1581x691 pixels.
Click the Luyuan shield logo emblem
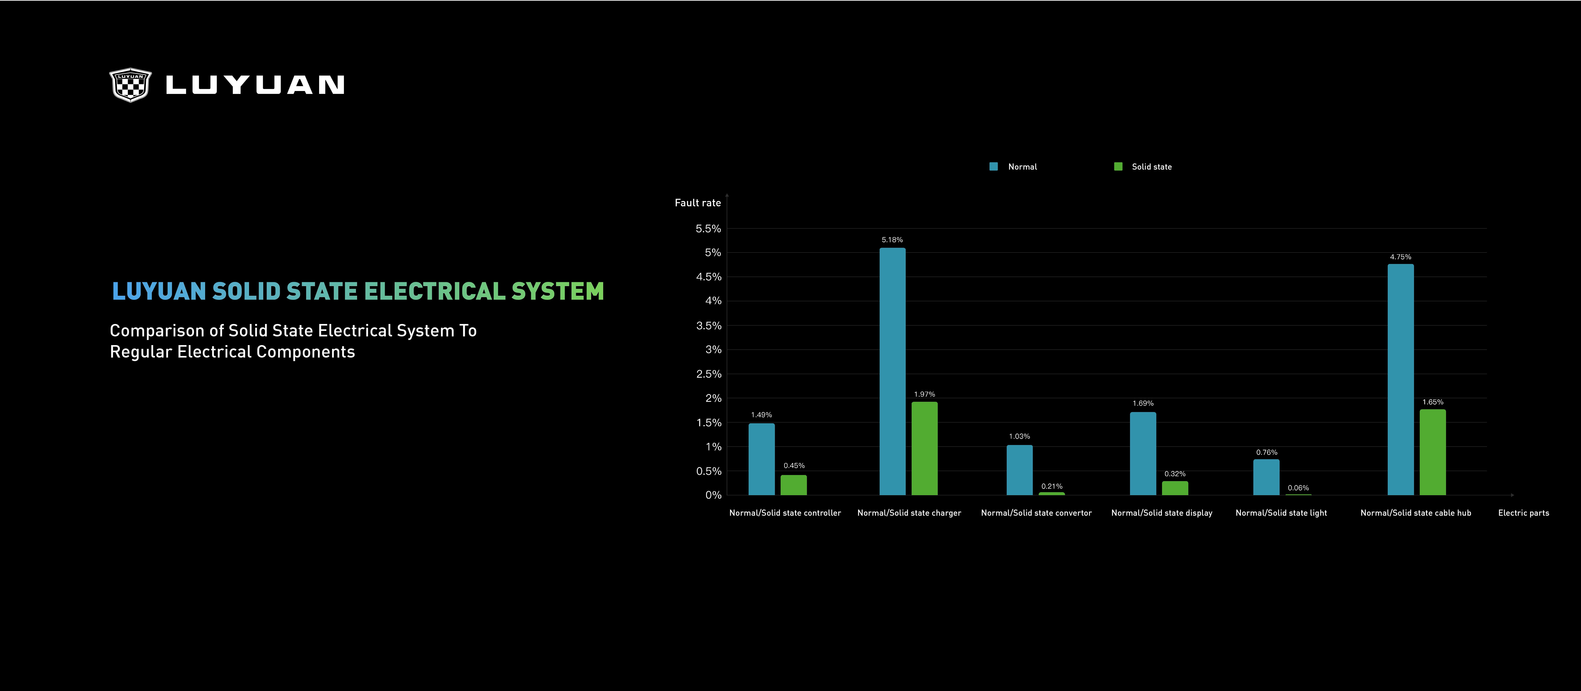coord(130,85)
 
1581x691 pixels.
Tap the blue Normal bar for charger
coord(892,371)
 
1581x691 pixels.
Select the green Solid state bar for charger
coord(924,448)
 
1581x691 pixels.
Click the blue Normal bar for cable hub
coord(1401,379)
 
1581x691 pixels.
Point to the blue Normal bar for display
coord(1143,453)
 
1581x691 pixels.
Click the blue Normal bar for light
coord(1266,477)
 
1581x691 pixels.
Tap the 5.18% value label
coord(892,240)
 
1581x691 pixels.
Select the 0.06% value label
coord(1298,488)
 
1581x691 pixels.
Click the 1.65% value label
coord(1433,402)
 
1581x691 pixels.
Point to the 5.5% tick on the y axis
coord(708,229)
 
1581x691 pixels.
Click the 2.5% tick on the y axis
coord(708,374)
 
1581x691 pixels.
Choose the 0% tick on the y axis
coord(713,495)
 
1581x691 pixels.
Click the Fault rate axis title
coord(698,203)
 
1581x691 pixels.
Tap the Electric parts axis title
coord(1523,513)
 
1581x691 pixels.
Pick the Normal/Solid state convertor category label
coord(1036,513)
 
